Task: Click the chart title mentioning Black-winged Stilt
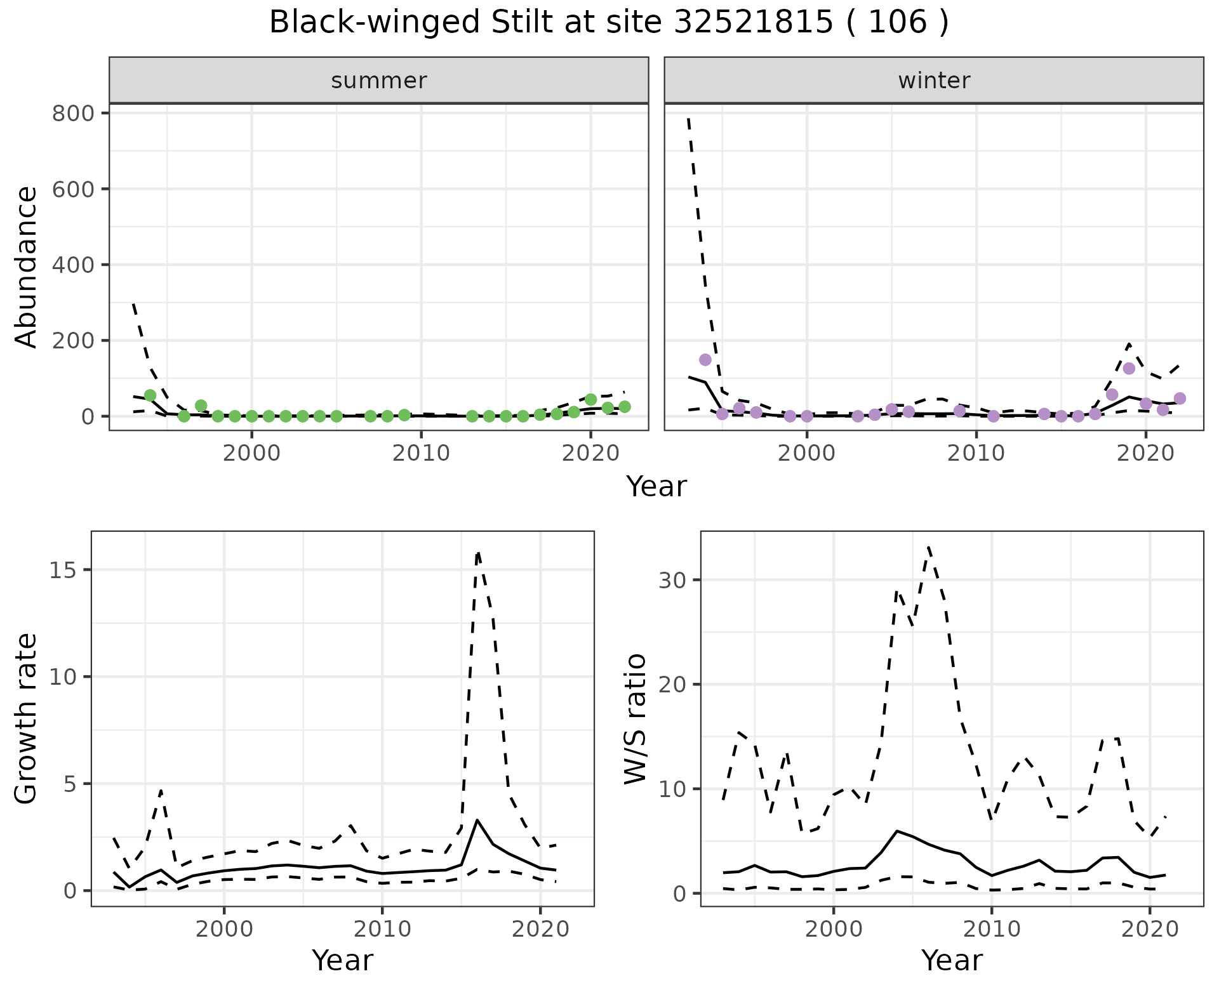pos(609,23)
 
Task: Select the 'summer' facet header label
pos(378,81)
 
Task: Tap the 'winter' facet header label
pos(933,81)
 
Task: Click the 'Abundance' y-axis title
pos(27,267)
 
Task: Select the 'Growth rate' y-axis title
pos(27,718)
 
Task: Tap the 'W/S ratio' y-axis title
pos(635,718)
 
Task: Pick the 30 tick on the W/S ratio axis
pos(671,580)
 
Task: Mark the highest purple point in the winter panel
pos(705,360)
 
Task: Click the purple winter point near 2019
pos(1128,369)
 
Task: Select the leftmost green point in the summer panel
pos(150,395)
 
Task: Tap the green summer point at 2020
pos(590,399)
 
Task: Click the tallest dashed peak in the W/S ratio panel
pos(928,546)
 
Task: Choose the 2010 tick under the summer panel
pos(421,453)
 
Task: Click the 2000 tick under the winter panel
pos(806,453)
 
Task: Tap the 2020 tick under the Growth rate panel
pos(540,930)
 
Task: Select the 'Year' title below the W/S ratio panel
pos(952,960)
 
